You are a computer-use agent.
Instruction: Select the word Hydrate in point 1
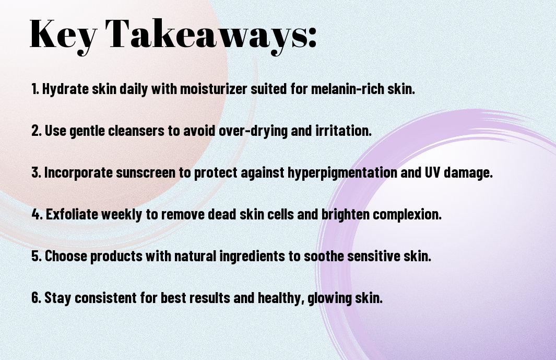click(65, 89)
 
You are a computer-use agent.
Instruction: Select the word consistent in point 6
click(105, 297)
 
